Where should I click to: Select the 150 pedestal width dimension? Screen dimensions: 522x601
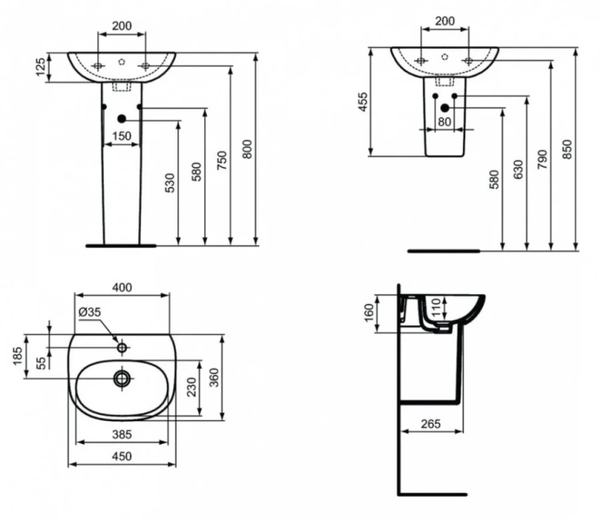[121, 136]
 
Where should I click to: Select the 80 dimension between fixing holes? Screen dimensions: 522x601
[444, 122]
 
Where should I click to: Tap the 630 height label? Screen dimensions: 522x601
[519, 169]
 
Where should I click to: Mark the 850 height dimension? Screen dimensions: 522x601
[568, 149]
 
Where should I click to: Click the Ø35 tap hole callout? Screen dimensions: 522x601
[90, 312]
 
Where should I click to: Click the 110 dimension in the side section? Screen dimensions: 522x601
[437, 310]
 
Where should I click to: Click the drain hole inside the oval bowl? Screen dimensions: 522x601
[122, 378]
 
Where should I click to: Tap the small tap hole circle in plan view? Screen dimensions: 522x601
[122, 348]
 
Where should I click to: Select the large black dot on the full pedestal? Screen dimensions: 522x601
[122, 117]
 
